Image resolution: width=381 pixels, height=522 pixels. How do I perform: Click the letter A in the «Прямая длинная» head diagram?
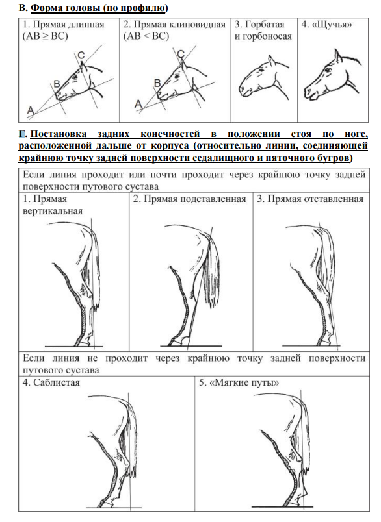tap(31, 110)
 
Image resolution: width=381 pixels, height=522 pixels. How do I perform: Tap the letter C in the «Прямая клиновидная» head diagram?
tap(181, 54)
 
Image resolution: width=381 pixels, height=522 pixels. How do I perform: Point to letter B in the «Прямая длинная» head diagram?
tap(57, 84)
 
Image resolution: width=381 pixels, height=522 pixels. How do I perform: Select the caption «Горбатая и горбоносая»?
tap(263, 31)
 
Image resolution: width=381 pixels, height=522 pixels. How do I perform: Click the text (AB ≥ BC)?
tap(45, 36)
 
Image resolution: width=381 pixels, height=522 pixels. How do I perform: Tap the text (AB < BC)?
tap(146, 36)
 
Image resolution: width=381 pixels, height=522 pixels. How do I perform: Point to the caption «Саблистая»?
tap(57, 382)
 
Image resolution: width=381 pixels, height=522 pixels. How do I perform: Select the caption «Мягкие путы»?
tap(244, 382)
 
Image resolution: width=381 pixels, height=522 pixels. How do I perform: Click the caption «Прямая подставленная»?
tap(194, 199)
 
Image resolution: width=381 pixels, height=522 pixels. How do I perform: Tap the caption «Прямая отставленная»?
tap(315, 199)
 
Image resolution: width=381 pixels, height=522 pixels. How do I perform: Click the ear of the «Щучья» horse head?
tap(338, 56)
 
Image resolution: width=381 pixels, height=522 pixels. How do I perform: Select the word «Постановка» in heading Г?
tap(58, 134)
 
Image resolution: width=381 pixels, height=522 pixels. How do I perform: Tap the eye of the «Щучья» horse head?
tap(329, 69)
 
